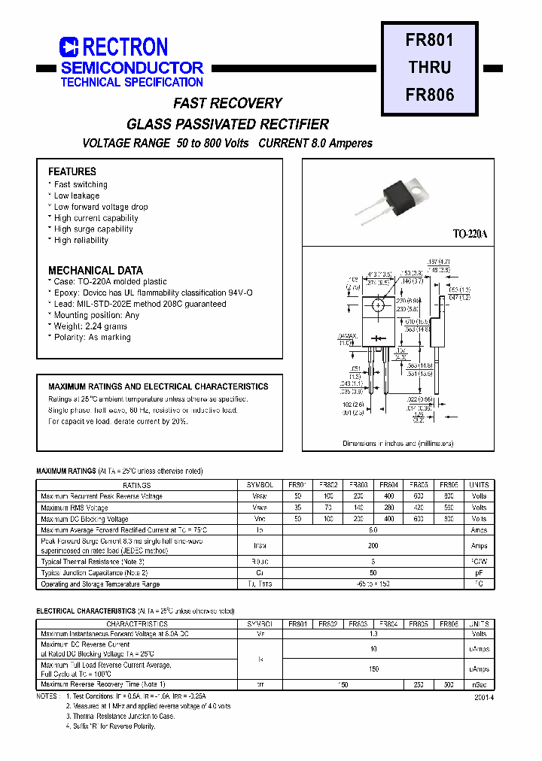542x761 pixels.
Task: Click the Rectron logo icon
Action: [x=69, y=47]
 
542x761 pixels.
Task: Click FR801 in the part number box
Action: [x=430, y=40]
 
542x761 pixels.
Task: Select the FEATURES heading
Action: [x=72, y=171]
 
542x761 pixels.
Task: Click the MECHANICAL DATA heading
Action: [x=96, y=270]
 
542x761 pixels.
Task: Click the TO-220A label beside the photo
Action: [x=470, y=235]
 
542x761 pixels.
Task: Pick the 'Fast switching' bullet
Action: [x=81, y=184]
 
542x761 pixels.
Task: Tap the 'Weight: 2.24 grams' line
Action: [x=90, y=326]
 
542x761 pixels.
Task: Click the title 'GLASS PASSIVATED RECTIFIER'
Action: [x=227, y=124]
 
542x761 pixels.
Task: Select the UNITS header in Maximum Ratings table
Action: [x=479, y=485]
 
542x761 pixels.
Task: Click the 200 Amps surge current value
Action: [x=373, y=546]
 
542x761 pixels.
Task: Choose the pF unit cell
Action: [x=479, y=573]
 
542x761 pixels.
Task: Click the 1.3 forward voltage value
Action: [x=373, y=633]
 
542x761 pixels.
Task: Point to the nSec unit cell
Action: [x=479, y=685]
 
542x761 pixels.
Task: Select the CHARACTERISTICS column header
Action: [x=137, y=624]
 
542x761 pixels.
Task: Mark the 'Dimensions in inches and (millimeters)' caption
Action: [x=397, y=444]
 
